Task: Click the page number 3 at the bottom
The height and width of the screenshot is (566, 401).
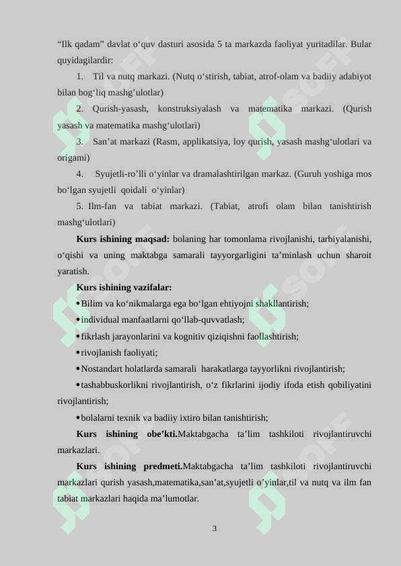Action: (x=214, y=528)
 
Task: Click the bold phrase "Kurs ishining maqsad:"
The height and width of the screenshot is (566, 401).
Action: (x=123, y=239)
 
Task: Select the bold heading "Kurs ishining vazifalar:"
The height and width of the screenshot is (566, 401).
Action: (x=124, y=287)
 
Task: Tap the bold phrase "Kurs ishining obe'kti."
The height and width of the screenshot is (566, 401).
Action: (x=127, y=434)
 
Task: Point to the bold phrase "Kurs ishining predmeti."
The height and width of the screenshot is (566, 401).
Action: (x=129, y=466)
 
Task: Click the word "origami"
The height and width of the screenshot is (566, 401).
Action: (x=73, y=157)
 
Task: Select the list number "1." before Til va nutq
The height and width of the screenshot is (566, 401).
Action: (x=80, y=77)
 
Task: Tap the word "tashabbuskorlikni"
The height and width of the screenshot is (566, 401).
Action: (x=114, y=385)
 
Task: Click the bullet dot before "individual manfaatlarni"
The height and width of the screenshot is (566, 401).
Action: (x=78, y=320)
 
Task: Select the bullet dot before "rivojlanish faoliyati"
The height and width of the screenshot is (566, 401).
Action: (x=78, y=352)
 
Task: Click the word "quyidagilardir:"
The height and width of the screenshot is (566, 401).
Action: (x=85, y=60)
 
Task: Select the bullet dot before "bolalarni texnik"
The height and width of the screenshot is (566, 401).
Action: (x=78, y=417)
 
